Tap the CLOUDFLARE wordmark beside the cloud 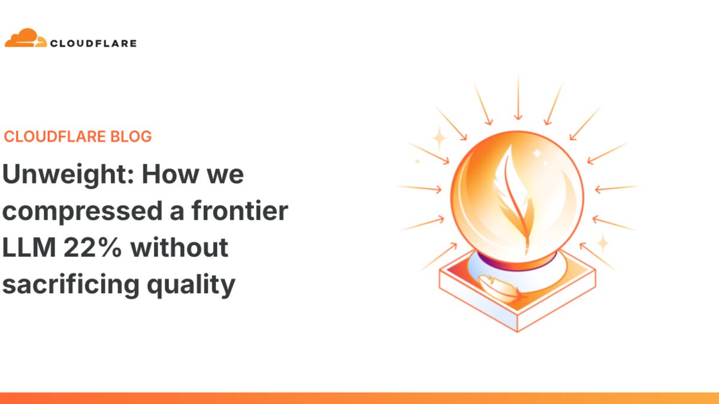[x=93, y=43]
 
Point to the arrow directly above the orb [x=518, y=99]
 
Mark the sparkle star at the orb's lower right [x=602, y=242]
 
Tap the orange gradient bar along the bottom [x=359, y=398]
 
